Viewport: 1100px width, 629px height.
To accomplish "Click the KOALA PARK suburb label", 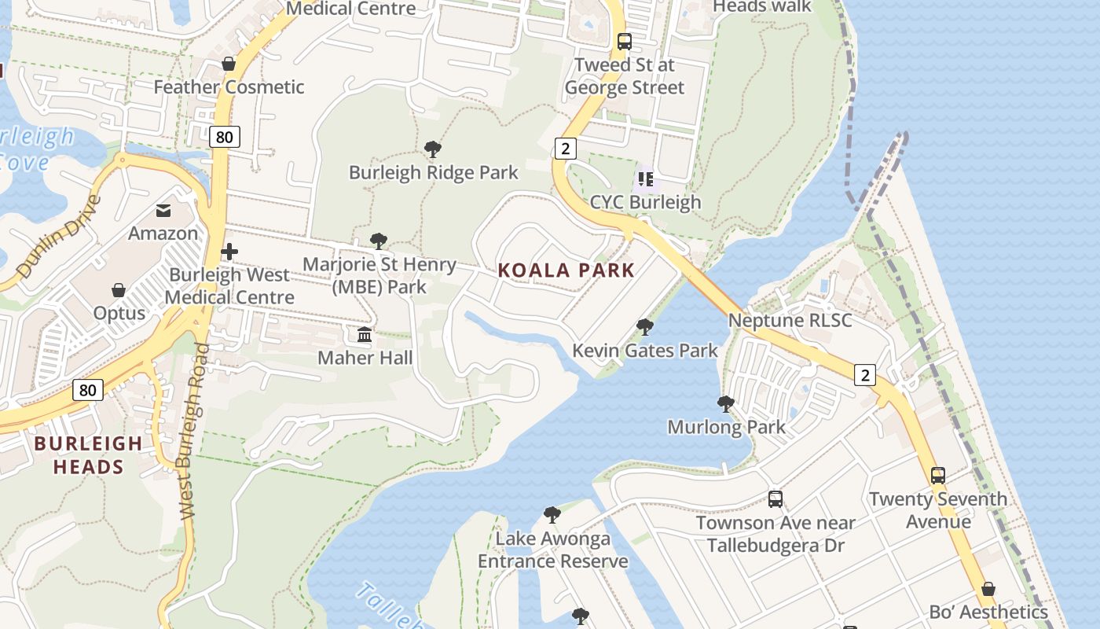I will pyautogui.click(x=566, y=270).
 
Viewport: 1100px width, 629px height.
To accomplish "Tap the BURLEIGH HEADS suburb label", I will pyautogui.click(x=89, y=454).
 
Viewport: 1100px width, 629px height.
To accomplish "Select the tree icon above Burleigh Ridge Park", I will pyautogui.click(x=432, y=149).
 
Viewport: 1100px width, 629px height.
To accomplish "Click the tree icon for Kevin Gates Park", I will pyautogui.click(x=645, y=326).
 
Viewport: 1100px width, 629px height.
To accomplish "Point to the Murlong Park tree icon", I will pyautogui.click(x=726, y=404).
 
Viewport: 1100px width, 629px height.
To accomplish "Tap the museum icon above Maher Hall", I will pyautogui.click(x=365, y=335).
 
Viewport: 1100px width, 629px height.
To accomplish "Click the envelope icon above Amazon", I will pyautogui.click(x=163, y=211).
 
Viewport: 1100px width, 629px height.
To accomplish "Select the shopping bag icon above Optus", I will pyautogui.click(x=119, y=290).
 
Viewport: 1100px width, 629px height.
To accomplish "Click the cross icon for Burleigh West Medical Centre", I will pyautogui.click(x=229, y=252).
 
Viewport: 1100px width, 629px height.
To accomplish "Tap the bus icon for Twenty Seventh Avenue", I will pyautogui.click(x=937, y=475).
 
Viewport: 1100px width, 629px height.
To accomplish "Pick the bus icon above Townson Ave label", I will pyautogui.click(x=775, y=498).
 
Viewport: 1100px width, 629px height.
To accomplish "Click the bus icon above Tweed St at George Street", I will pyautogui.click(x=625, y=42).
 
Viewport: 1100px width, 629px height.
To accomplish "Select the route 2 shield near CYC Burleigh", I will pyautogui.click(x=565, y=148).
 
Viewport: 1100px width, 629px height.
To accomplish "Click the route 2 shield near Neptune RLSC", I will pyautogui.click(x=864, y=375).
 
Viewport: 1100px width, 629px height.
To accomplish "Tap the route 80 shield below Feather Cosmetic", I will pyautogui.click(x=224, y=137).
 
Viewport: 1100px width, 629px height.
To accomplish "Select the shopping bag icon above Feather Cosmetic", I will pyautogui.click(x=229, y=64).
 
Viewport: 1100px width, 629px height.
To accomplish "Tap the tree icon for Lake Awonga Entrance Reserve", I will pyautogui.click(x=552, y=515).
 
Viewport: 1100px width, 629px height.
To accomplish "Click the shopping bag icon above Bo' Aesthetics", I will pyautogui.click(x=988, y=589).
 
